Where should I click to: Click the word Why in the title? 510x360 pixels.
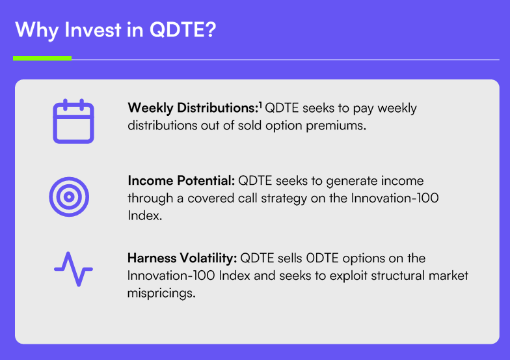(36, 30)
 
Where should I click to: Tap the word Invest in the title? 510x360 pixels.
(92, 30)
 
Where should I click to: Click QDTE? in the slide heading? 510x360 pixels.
(183, 30)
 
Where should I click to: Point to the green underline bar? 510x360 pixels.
(42, 59)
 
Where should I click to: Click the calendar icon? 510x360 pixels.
(74, 121)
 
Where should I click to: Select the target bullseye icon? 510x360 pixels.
(69, 197)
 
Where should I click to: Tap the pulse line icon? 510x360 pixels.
(74, 269)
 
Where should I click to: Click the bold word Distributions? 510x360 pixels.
(217, 108)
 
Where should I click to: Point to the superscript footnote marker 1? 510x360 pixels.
(260, 105)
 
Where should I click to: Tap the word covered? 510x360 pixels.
(211, 198)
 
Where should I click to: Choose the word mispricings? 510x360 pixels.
(161, 294)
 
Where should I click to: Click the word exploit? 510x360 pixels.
(349, 276)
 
